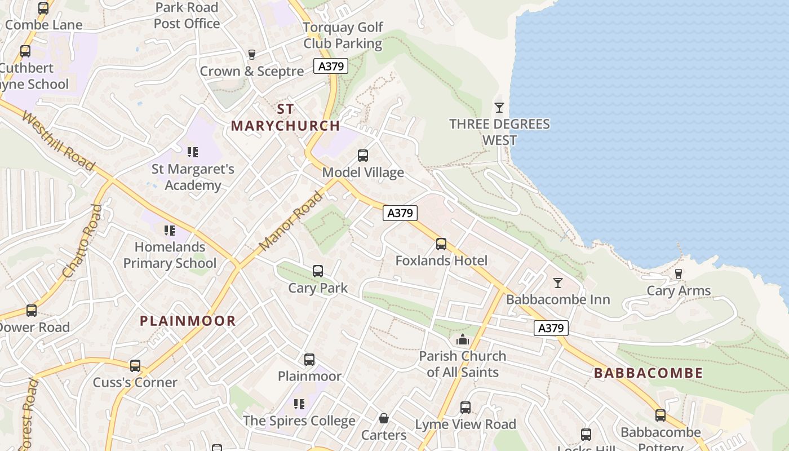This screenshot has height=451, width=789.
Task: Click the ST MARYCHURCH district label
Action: point(285,117)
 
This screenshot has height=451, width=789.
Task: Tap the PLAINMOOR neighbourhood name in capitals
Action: point(188,321)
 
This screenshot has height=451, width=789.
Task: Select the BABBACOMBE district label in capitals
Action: point(648,373)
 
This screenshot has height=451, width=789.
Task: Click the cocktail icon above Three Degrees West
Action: point(499,107)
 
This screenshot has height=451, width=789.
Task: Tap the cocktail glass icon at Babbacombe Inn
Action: point(557,282)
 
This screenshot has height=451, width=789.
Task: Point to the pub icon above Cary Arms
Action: point(679,274)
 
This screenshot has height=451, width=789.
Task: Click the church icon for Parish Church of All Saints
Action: point(463,339)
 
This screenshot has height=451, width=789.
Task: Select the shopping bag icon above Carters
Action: point(384,418)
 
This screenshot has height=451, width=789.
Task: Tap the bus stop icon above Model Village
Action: point(363,155)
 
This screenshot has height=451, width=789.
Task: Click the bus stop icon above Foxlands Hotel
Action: point(441,244)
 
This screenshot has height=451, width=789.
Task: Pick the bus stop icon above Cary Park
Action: point(318,271)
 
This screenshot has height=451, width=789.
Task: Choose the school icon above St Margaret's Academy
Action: point(193,152)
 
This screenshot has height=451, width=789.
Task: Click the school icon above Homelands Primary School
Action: point(170,230)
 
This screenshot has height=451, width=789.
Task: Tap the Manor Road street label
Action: point(291,222)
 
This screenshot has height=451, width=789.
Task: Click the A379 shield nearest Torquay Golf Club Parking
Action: point(331,66)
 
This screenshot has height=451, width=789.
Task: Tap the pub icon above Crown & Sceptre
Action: point(252,55)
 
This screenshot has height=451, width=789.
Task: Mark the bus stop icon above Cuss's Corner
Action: point(135,365)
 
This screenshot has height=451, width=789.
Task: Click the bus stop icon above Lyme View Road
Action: point(466,407)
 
